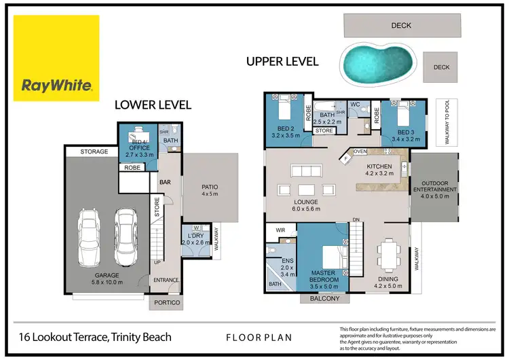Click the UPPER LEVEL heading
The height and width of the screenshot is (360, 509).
[282, 62]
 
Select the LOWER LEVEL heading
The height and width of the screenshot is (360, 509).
[153, 105]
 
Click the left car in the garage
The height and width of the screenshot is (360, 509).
[92, 237]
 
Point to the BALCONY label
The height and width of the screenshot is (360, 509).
[324, 299]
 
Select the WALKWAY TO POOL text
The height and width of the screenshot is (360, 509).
[446, 124]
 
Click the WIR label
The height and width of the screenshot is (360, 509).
[279, 231]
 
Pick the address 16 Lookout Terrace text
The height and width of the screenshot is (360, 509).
[94, 336]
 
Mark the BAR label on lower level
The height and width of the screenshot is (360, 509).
[164, 182]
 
